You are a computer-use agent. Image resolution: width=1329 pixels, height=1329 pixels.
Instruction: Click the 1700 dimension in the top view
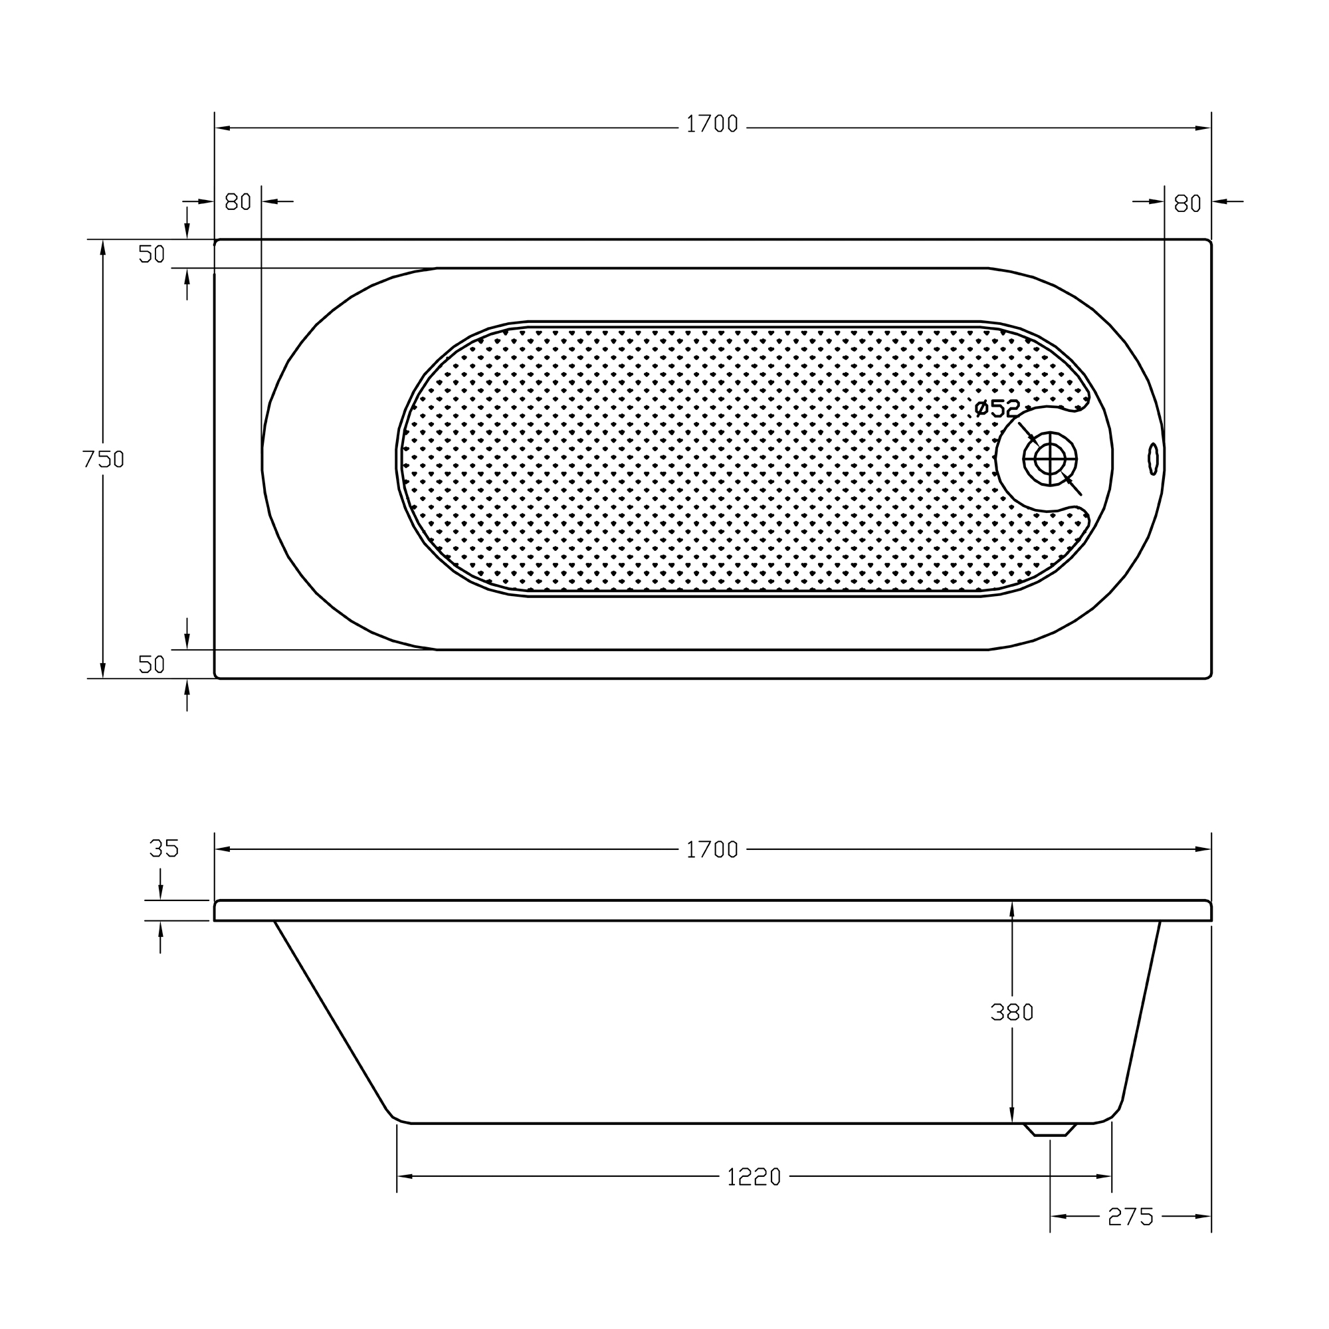[x=712, y=124]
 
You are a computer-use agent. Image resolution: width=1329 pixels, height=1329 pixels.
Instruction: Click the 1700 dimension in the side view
[x=712, y=851]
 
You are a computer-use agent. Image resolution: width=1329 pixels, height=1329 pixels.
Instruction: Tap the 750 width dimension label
[x=103, y=459]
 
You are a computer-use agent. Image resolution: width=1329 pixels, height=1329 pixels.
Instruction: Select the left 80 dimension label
[x=238, y=202]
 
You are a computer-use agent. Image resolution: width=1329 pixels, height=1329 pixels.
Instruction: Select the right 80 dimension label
[x=1187, y=203]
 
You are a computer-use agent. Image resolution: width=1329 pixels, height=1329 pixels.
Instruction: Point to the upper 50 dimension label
[x=152, y=255]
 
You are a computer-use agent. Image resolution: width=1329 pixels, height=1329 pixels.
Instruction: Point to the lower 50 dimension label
[x=152, y=664]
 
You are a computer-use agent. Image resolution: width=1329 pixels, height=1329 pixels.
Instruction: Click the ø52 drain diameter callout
[x=997, y=409]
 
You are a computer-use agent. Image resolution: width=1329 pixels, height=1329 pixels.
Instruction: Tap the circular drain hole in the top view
[x=1050, y=459]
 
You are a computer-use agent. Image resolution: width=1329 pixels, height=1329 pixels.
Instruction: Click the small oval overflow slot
[x=1154, y=459]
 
